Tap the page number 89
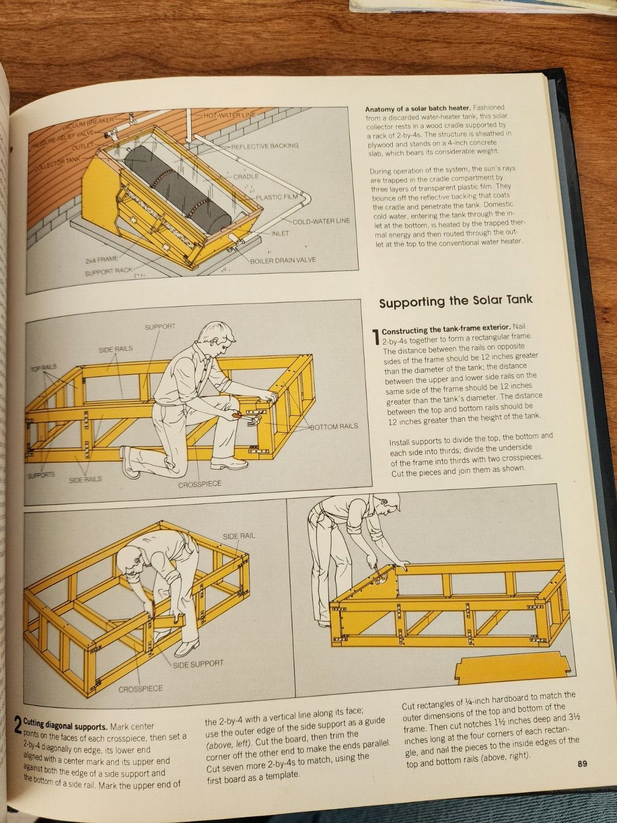[582, 763]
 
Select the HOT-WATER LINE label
[229, 115]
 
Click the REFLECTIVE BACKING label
[264, 146]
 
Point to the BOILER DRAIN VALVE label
[282, 260]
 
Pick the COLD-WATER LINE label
[321, 221]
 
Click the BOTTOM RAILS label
[334, 426]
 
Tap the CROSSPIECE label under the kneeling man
[199, 484]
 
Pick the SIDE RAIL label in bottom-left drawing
[239, 535]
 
